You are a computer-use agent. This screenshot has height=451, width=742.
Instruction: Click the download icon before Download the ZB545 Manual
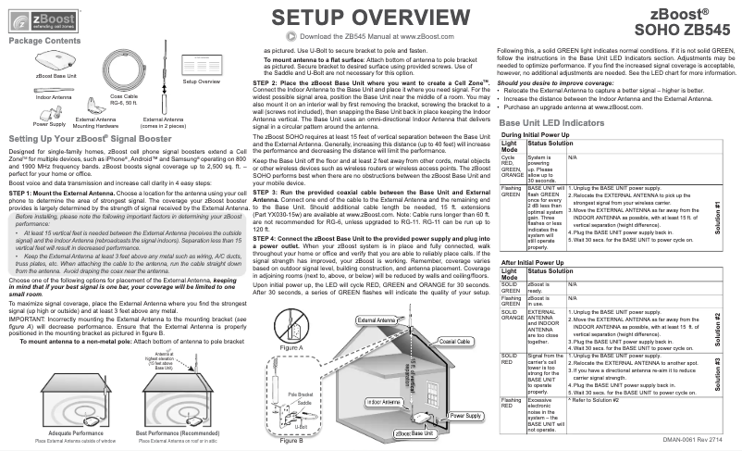(x=293, y=35)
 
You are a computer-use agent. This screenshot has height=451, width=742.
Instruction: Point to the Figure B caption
(x=291, y=442)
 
